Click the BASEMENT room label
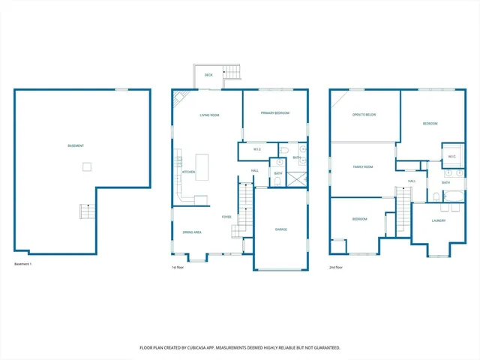coord(76,145)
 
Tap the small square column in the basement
coord(87,166)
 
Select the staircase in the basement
coord(87,213)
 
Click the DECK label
coord(208,75)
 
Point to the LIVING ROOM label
coord(209,115)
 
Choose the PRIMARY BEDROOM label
coord(274,113)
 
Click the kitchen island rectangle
coord(202,165)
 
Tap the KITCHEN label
coord(189,172)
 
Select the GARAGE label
coord(280,229)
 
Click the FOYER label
coord(226,217)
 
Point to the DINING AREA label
coord(192,232)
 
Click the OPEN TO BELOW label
coord(364,115)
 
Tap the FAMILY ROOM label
coord(363,166)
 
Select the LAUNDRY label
coord(439,220)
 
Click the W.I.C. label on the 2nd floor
coord(451,157)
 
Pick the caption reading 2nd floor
coord(337,266)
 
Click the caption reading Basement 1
coord(24,264)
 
